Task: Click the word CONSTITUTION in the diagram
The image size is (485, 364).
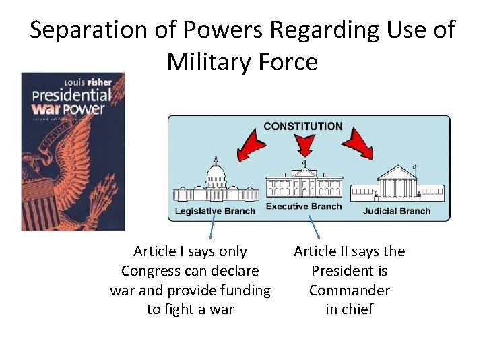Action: pyautogui.click(x=302, y=126)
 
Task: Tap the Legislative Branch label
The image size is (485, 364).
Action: pyautogui.click(x=215, y=211)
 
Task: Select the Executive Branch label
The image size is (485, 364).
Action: pyautogui.click(x=304, y=206)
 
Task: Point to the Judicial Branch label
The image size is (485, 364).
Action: pyautogui.click(x=397, y=211)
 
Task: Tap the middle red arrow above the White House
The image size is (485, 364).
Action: pyautogui.click(x=305, y=144)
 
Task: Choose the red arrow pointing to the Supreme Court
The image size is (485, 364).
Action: pyautogui.click(x=357, y=142)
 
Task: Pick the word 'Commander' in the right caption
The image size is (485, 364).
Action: pyautogui.click(x=349, y=291)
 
